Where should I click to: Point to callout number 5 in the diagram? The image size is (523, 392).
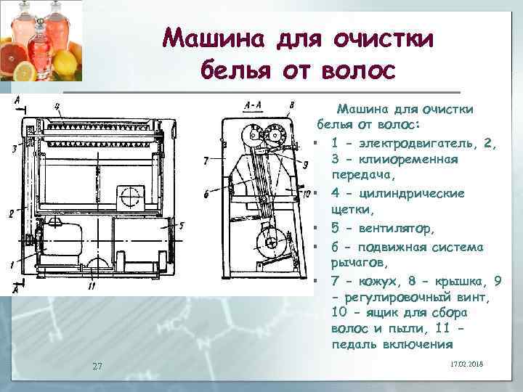click(182, 226)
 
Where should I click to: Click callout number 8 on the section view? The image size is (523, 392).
click(291, 105)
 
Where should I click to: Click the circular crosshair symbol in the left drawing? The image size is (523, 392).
click(131, 195)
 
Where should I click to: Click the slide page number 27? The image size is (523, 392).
click(97, 365)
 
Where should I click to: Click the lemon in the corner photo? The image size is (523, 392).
click(25, 70)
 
